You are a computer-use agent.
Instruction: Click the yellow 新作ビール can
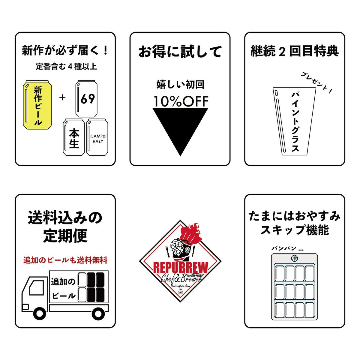click(x=37, y=105)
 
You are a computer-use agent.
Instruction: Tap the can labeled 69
click(x=86, y=99)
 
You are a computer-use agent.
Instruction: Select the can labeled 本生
click(x=73, y=137)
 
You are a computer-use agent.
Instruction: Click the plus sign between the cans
click(x=62, y=97)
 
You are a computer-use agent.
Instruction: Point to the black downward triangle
click(x=180, y=127)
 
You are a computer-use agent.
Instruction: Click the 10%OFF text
click(x=181, y=101)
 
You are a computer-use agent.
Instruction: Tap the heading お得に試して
click(x=180, y=52)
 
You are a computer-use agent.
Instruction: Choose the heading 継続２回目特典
click(x=295, y=51)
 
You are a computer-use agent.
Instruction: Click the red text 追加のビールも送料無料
click(x=65, y=260)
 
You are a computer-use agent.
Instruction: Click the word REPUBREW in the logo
click(x=180, y=268)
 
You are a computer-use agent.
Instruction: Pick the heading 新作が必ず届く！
click(x=65, y=50)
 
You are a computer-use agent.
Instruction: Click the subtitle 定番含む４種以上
click(x=66, y=66)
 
